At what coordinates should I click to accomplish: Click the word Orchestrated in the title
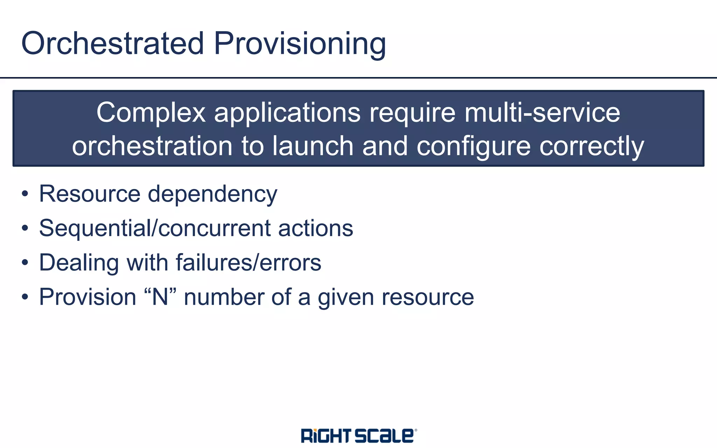(112, 43)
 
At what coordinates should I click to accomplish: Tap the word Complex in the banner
(151, 113)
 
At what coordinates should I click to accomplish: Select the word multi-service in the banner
(542, 113)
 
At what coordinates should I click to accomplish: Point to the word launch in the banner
(313, 146)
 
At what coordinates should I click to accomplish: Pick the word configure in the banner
(473, 147)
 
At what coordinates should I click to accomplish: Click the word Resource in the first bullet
(90, 194)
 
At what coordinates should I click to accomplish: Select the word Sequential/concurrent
(155, 228)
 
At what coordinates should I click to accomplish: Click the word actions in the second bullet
(315, 228)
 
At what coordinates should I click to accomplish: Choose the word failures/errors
(248, 262)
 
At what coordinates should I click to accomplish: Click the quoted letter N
(160, 297)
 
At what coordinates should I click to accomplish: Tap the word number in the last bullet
(224, 297)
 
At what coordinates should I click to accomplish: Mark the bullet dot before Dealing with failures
(25, 262)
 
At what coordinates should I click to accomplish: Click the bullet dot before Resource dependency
(25, 194)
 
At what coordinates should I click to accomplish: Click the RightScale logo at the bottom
(358, 435)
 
